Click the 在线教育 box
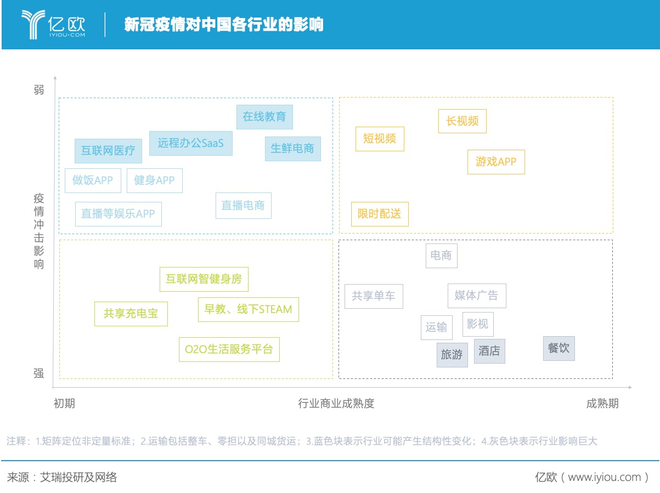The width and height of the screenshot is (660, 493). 264,117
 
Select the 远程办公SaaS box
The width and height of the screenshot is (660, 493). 190,143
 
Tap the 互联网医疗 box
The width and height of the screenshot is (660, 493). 108,151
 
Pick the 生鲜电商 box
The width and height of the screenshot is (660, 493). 292,149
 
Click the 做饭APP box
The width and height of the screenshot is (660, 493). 93,180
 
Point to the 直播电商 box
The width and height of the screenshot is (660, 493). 243,206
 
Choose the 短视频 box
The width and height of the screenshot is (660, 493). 380,139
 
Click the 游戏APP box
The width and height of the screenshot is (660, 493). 496,162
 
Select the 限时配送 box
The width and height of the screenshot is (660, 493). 380,214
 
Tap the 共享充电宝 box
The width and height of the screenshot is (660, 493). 131,314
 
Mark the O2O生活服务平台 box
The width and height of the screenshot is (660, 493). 229,349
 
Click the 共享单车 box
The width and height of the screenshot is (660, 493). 374,296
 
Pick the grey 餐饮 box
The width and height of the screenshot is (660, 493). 559,348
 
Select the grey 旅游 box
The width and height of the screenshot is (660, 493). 452,355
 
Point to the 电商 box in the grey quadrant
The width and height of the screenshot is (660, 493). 442,256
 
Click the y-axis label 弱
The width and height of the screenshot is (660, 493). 39,89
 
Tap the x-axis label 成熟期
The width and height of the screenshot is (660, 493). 602,404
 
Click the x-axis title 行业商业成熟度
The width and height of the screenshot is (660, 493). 336,404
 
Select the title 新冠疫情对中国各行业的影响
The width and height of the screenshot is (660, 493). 224,24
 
